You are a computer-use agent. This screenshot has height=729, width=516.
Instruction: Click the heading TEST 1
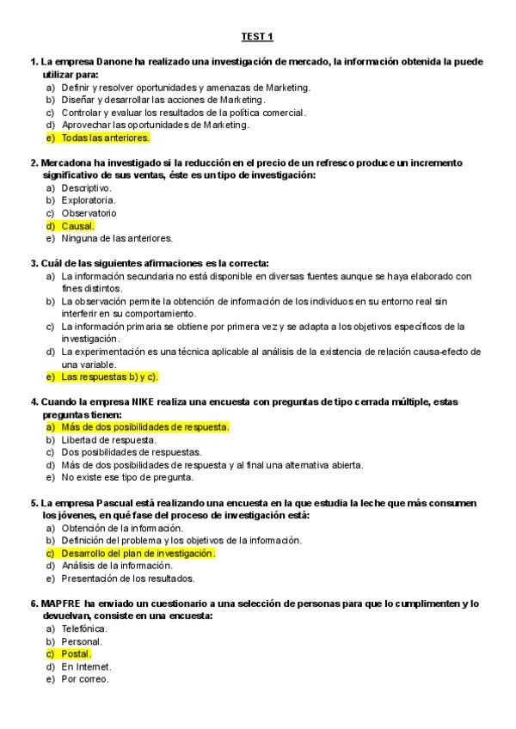coord(256,37)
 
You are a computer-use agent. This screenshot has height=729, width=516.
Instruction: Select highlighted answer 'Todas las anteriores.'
coord(105,138)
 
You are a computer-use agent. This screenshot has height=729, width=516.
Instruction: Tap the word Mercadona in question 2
coord(69,162)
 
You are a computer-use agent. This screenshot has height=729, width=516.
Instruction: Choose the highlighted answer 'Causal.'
coord(78,226)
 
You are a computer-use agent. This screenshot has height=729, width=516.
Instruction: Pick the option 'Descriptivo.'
coord(86,187)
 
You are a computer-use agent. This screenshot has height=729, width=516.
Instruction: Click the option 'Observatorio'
coord(89,213)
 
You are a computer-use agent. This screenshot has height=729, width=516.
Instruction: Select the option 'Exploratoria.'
coord(88,200)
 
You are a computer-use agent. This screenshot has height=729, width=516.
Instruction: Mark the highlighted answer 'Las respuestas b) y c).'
coord(110,377)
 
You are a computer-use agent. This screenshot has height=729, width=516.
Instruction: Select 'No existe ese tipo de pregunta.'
coord(127,477)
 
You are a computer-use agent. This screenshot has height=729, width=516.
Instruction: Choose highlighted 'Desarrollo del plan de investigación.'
coord(138,554)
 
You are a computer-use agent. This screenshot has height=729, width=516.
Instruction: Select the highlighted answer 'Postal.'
coord(76,654)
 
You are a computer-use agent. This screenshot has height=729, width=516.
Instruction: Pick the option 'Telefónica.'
coord(84,628)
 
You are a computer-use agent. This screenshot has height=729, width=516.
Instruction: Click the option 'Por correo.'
coord(84,679)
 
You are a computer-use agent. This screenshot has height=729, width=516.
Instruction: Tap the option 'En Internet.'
coord(86,666)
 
